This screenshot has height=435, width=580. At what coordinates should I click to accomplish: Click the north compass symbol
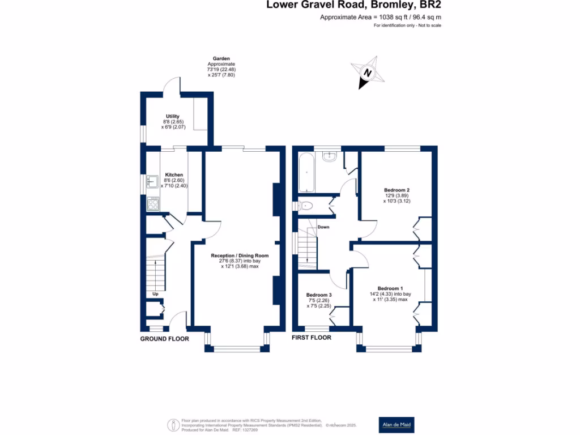pyautogui.click(x=367, y=73)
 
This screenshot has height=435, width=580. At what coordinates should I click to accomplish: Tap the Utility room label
pyautogui.click(x=172, y=116)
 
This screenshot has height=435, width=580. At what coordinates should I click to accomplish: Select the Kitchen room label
pyautogui.click(x=174, y=175)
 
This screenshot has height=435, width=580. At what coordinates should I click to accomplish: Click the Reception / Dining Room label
pyautogui.click(x=240, y=255)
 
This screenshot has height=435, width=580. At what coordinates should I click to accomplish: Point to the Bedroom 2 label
pyautogui.click(x=396, y=190)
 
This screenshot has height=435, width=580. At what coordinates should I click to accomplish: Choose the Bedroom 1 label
pyautogui.click(x=390, y=288)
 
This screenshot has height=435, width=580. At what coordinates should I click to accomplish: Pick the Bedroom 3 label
pyautogui.click(x=319, y=295)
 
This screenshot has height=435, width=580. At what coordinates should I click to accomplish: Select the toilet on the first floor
pyautogui.click(x=306, y=206)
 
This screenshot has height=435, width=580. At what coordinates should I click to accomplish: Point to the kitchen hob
pyautogui.click(x=153, y=203)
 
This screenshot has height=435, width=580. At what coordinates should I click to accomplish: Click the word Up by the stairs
pyautogui.click(x=155, y=294)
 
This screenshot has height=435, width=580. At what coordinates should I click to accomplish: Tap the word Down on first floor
pyautogui.click(x=323, y=227)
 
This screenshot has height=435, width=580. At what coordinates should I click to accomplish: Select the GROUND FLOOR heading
pyautogui.click(x=164, y=339)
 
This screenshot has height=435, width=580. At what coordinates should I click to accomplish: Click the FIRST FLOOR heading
pyautogui.click(x=312, y=338)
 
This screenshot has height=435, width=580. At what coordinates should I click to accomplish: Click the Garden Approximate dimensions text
pyautogui.click(x=220, y=67)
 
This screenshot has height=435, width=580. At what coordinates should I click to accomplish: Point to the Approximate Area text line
pyautogui.click(x=381, y=18)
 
